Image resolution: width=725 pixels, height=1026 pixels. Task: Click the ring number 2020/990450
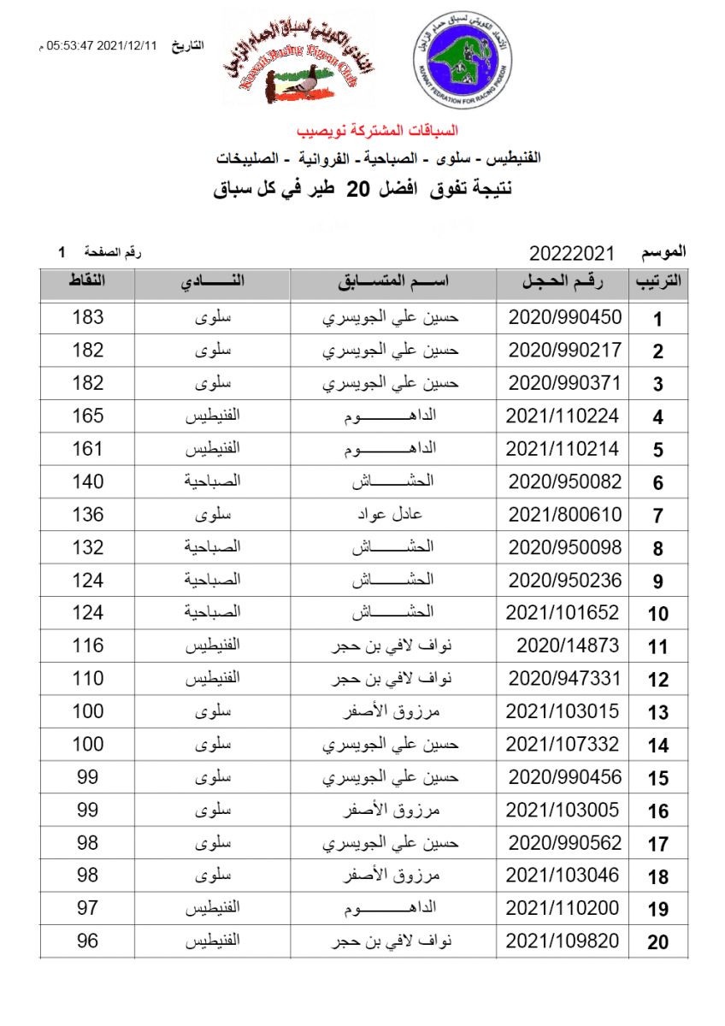tap(565, 317)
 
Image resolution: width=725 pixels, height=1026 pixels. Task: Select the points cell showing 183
tap(88, 317)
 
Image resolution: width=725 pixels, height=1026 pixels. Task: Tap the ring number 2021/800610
tap(565, 515)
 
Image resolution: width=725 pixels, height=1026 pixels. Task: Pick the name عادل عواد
tap(394, 515)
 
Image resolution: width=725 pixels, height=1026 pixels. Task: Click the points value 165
tap(88, 416)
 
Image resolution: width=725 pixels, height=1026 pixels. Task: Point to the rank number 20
tap(657, 943)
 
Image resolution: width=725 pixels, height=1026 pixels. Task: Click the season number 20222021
tap(572, 254)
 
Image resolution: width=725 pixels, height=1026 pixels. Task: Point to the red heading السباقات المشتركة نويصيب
tap(377, 131)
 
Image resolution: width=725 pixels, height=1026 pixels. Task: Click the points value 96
tap(88, 941)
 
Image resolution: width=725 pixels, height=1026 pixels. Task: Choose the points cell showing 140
tap(88, 481)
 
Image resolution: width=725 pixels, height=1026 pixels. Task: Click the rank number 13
tap(657, 713)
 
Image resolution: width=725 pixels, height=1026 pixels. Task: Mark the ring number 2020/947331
tap(565, 679)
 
